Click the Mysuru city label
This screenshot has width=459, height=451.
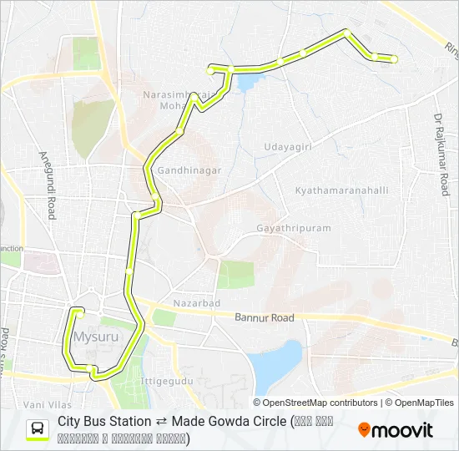point(93,337)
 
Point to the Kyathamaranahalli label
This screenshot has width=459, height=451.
point(342,190)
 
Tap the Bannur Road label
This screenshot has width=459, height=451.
point(265,318)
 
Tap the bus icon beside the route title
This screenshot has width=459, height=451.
point(38,429)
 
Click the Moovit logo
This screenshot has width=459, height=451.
point(396,430)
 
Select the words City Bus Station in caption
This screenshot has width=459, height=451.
point(104,422)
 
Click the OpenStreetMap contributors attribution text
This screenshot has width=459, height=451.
point(320,403)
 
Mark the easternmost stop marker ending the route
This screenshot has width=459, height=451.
point(394,58)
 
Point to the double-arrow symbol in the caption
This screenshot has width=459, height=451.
point(161,422)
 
